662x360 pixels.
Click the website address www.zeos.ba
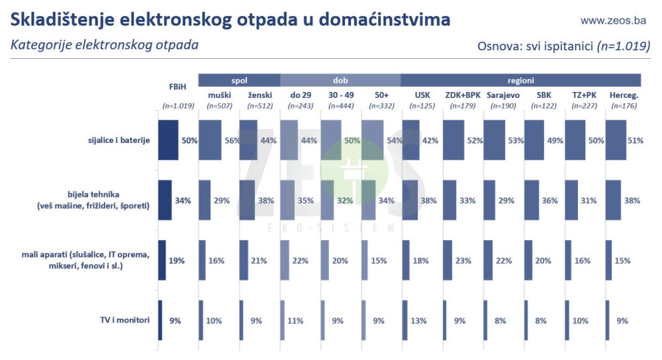(x=612, y=21)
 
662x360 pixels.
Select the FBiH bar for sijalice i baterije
(x=168, y=140)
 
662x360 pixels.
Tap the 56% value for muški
(x=231, y=140)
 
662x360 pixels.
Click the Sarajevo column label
(x=503, y=95)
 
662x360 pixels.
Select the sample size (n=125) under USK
(x=422, y=106)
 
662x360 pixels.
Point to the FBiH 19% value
(x=176, y=261)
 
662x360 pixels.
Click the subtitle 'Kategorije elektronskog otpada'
(x=104, y=46)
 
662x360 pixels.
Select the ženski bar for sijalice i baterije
(x=247, y=140)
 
